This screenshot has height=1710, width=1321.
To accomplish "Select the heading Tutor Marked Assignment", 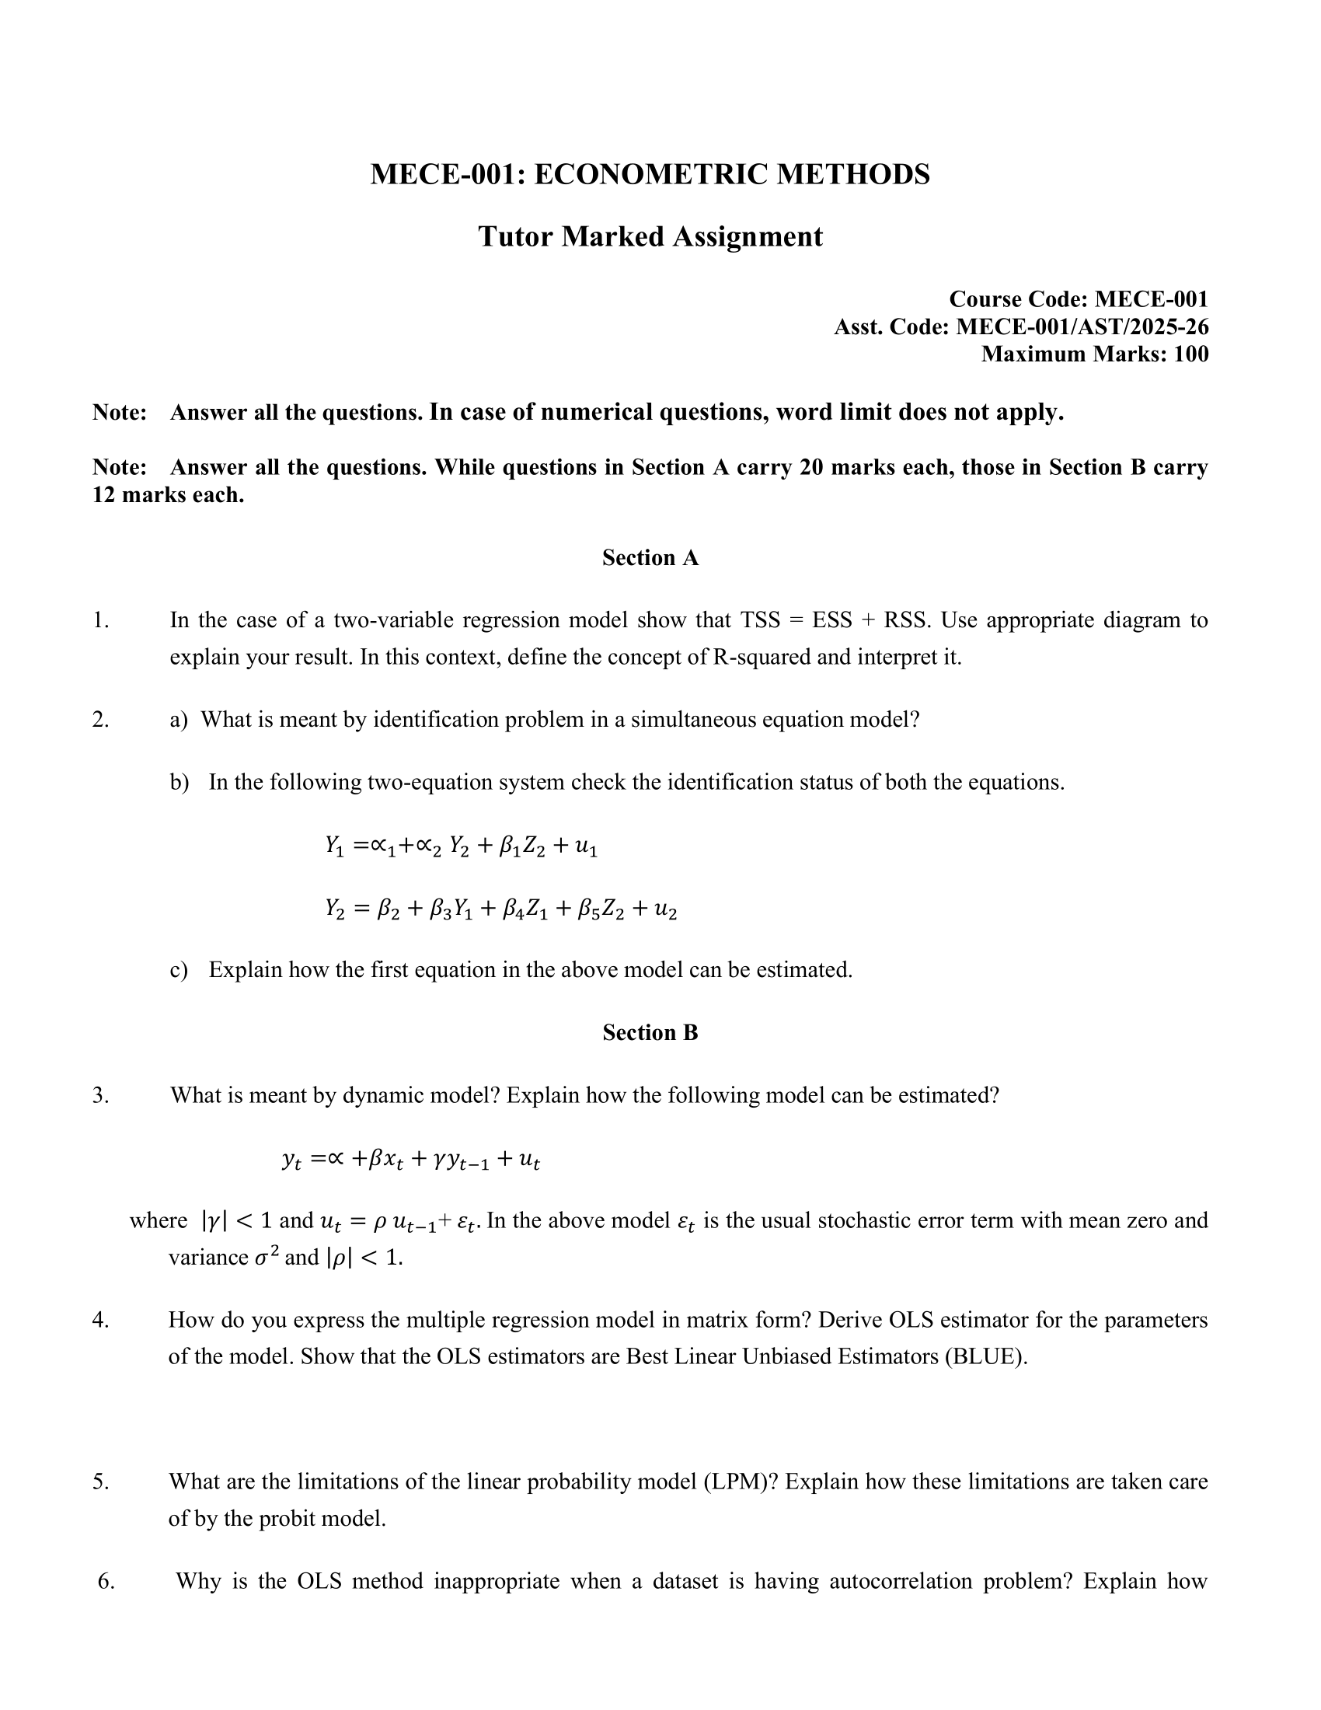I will [650, 236].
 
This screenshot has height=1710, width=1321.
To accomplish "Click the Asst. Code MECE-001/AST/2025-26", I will [1082, 326].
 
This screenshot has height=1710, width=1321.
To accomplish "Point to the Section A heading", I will [650, 557].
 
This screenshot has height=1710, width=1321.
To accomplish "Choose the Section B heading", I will [650, 1033].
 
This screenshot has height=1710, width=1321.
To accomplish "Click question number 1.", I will [100, 620].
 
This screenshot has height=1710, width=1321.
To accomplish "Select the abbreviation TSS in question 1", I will [760, 620].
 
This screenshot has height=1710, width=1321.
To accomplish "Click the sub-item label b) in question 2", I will [180, 782].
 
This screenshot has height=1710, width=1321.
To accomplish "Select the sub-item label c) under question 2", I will [179, 970].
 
